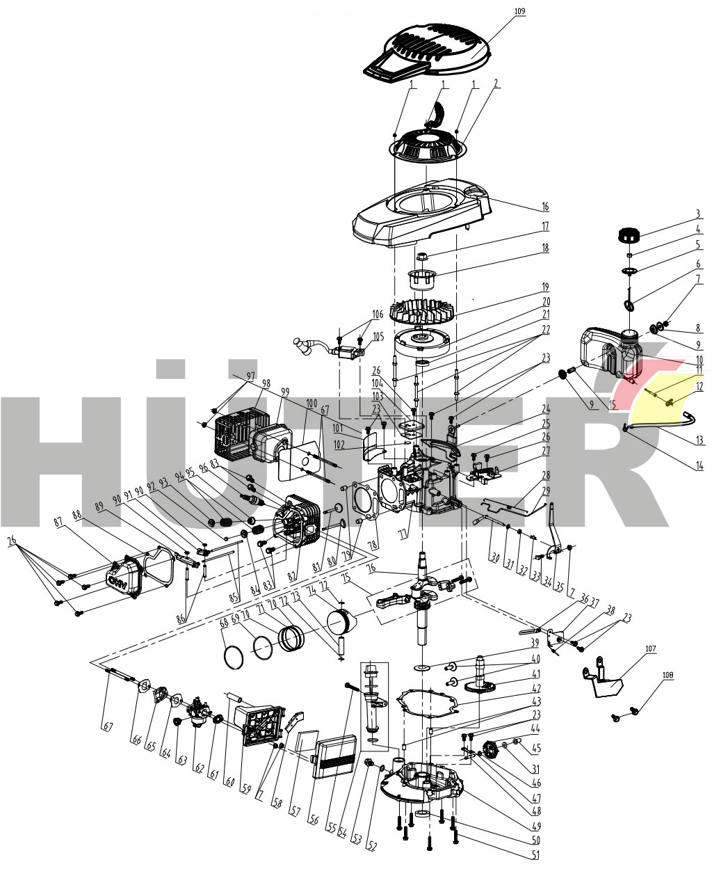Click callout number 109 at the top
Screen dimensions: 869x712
[x=519, y=11]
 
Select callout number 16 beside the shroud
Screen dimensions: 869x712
[x=545, y=207]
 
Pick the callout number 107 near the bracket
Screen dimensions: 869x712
[x=650, y=649]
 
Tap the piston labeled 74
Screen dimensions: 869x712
[x=341, y=619]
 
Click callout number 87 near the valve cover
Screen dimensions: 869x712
[x=57, y=521]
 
